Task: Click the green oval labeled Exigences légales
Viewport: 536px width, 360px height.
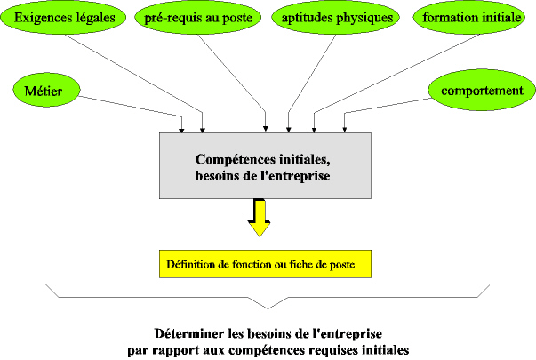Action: (63, 17)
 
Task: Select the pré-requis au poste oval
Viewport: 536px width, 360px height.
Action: (198, 18)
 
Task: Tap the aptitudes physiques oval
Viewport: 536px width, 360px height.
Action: (336, 18)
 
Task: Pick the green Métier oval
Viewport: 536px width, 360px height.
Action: (46, 91)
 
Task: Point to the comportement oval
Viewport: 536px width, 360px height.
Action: (482, 90)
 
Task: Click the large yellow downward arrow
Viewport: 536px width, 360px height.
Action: (260, 218)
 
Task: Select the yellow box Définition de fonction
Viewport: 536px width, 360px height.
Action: (265, 264)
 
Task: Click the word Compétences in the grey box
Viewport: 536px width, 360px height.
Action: (236, 160)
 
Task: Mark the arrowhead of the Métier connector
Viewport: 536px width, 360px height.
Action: (181, 131)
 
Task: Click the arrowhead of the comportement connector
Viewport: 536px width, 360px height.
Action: (345, 130)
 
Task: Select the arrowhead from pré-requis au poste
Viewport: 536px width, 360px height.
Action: (266, 129)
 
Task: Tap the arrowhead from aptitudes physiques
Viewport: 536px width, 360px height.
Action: (289, 130)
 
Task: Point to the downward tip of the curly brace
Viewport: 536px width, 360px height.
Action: (268, 309)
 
